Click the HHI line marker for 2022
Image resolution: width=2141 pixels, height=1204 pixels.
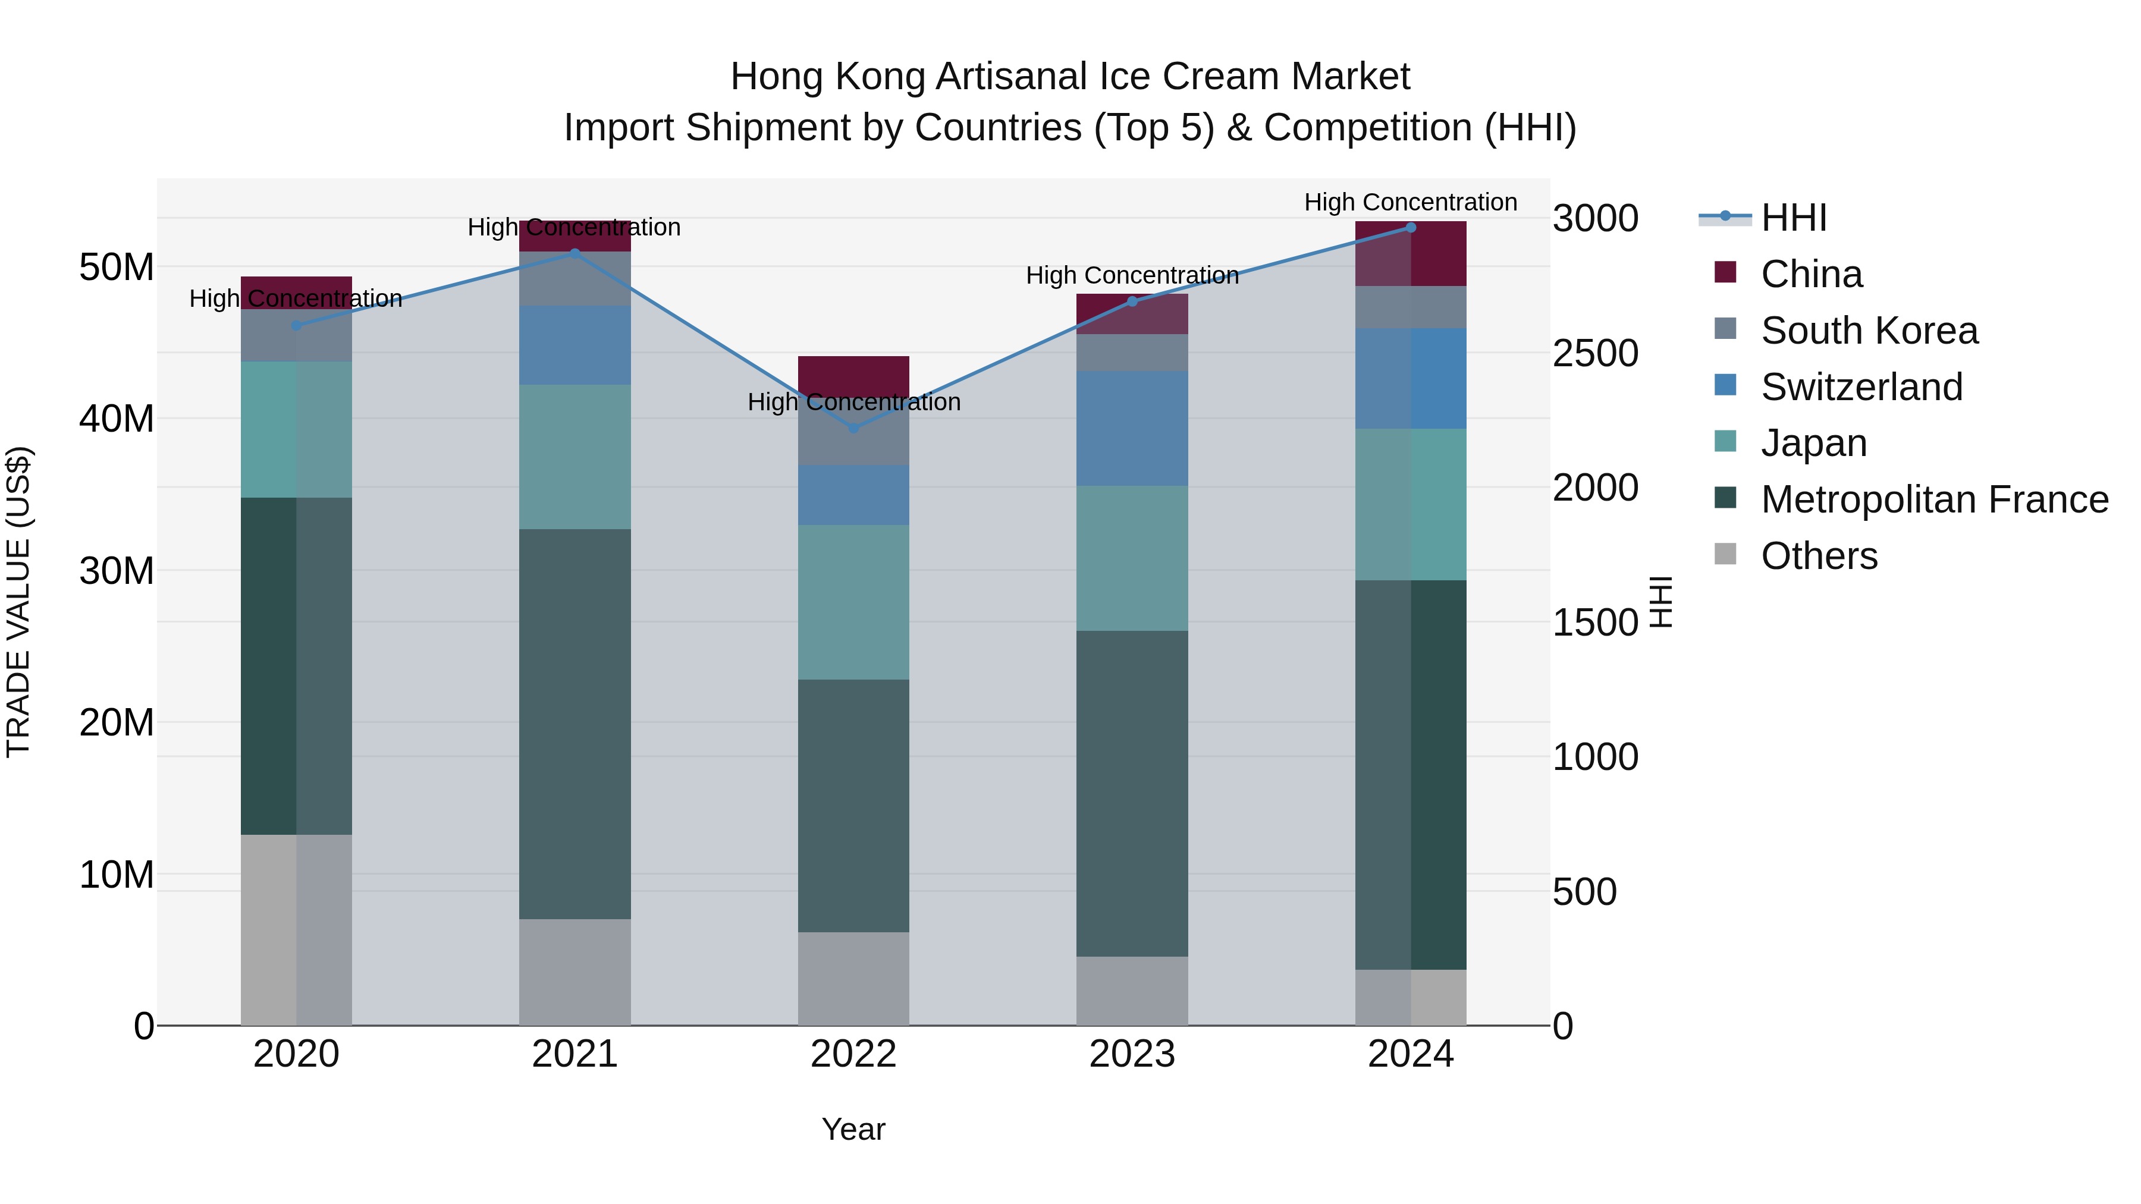tap(853, 428)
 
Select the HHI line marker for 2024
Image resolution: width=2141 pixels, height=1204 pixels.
tap(1411, 228)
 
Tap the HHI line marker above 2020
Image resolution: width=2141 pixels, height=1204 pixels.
tap(296, 326)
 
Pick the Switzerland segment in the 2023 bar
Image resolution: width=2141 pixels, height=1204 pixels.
tap(1132, 429)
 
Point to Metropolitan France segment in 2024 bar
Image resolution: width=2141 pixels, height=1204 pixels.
tap(1411, 774)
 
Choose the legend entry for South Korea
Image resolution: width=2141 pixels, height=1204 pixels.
tap(1869, 331)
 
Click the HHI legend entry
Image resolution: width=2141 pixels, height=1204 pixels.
tap(1794, 218)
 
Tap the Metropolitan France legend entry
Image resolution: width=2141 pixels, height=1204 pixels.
tap(1934, 499)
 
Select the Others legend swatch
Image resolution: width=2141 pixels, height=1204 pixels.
tap(1725, 554)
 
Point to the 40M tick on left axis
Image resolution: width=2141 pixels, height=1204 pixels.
tap(117, 419)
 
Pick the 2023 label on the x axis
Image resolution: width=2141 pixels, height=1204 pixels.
tap(1132, 1054)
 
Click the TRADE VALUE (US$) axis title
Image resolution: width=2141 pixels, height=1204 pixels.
tap(18, 602)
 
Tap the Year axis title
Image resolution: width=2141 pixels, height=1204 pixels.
tap(853, 1129)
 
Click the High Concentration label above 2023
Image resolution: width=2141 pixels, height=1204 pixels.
tap(1132, 275)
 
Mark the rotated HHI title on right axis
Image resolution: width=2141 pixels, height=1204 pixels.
tap(1660, 602)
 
